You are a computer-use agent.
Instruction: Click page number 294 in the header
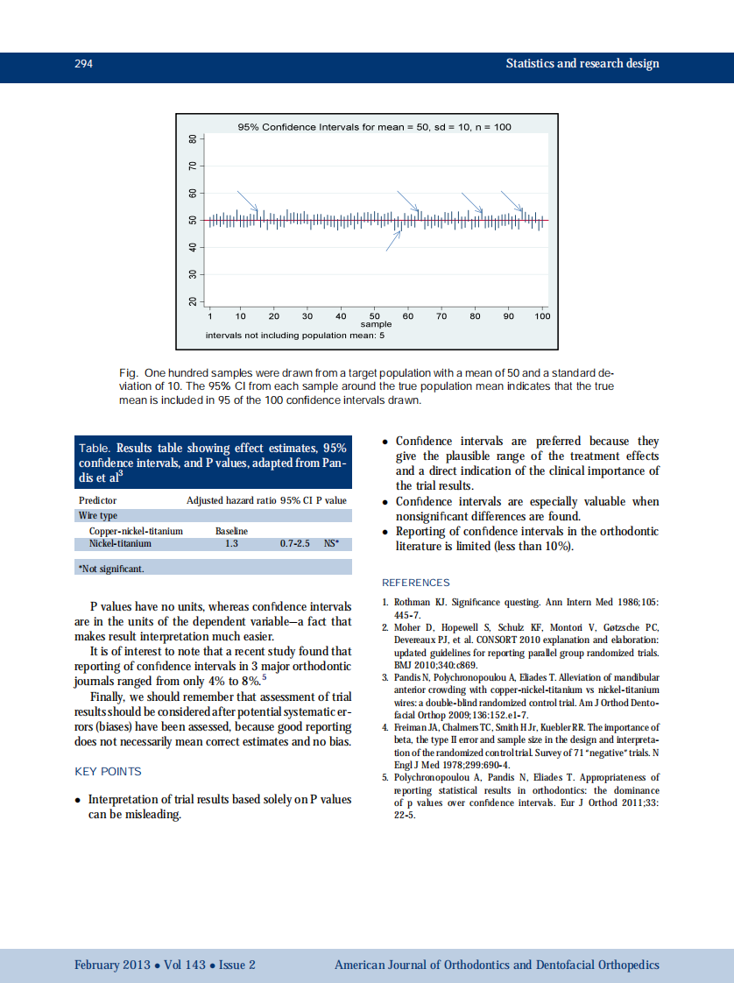point(84,64)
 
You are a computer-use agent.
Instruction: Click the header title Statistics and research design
point(582,64)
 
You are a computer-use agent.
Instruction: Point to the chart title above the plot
point(374,127)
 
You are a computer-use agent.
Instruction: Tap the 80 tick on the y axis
point(193,139)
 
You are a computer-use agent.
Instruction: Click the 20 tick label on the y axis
point(193,302)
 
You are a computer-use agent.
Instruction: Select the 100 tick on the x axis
point(542,315)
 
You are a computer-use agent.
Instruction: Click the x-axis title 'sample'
point(376,324)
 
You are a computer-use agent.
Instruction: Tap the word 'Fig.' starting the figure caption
point(127,372)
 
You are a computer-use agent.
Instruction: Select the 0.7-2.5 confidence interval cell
point(295,543)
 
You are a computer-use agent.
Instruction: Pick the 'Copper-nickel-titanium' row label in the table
point(136,531)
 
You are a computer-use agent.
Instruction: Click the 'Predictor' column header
point(97,500)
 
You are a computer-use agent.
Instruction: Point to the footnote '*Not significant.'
point(111,569)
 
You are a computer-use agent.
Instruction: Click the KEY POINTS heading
point(108,772)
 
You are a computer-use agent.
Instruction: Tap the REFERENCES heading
point(415,583)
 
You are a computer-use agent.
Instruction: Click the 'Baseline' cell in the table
point(231,531)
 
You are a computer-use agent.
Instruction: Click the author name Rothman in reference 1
point(413,603)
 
